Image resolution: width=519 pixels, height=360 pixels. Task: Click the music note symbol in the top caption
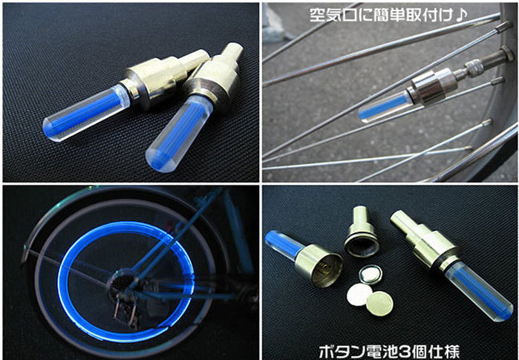461,14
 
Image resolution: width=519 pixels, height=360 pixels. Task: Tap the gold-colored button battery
379,304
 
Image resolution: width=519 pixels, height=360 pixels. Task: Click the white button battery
359,294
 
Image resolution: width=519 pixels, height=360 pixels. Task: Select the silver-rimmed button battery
371,275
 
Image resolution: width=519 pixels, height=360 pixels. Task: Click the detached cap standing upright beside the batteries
361,232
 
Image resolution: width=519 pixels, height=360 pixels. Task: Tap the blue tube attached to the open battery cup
283,244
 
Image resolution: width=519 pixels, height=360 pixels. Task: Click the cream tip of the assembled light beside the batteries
404,220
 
